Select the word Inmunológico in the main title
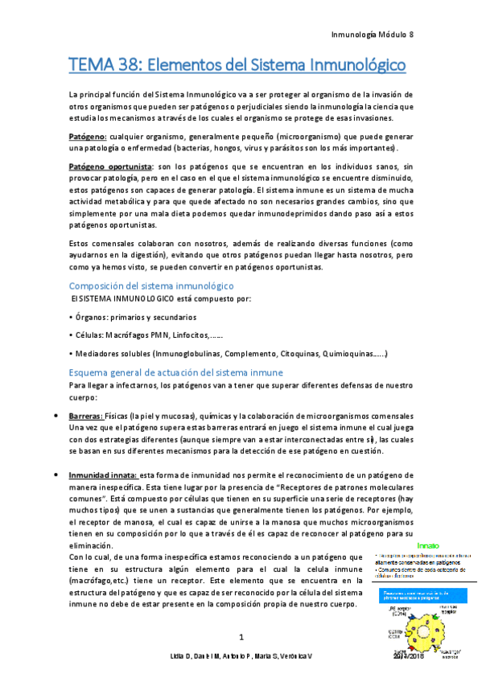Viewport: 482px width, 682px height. (352, 62)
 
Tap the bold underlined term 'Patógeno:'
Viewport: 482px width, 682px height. (89, 136)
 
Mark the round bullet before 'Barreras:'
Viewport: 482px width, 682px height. (54, 416)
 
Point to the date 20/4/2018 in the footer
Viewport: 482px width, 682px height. (410, 658)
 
